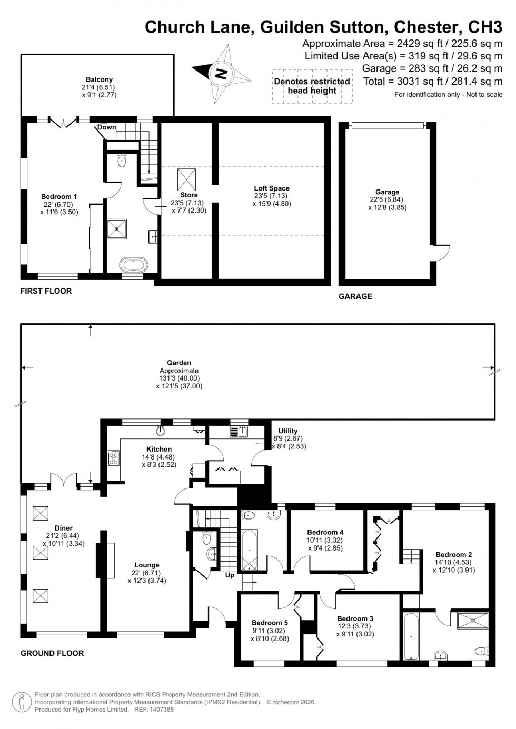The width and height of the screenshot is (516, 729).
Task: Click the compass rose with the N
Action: click(221, 73)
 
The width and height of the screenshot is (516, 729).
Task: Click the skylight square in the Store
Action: click(186, 179)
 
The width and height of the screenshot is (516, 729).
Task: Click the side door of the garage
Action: click(442, 253)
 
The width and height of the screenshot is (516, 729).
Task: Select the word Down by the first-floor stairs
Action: click(106, 128)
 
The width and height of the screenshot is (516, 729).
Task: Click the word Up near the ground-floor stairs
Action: click(230, 575)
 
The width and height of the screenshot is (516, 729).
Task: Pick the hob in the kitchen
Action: click(113, 458)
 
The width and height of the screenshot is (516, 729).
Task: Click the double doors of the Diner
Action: click(64, 481)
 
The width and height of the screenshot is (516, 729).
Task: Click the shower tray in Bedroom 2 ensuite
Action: click(472, 621)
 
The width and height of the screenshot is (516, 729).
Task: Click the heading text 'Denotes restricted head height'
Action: click(312, 86)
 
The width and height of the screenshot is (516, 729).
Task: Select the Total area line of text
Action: click(432, 82)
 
